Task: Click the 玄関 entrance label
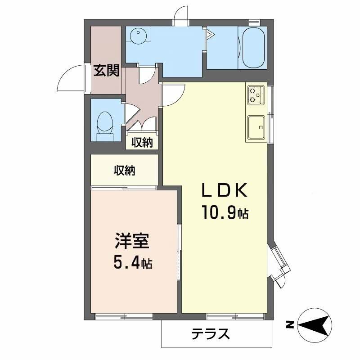pyautogui.click(x=107, y=71)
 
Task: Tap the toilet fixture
pyautogui.click(x=106, y=124)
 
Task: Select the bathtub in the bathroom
pyautogui.click(x=252, y=47)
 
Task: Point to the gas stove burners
pyautogui.click(x=256, y=94)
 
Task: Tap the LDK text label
pyautogui.click(x=224, y=191)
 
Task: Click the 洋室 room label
pyautogui.click(x=131, y=241)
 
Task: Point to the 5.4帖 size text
pyautogui.click(x=131, y=263)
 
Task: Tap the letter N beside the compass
pyautogui.click(x=291, y=324)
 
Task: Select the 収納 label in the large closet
pyautogui.click(x=124, y=171)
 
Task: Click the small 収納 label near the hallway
pyautogui.click(x=142, y=143)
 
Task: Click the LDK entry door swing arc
pyautogui.click(x=174, y=94)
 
